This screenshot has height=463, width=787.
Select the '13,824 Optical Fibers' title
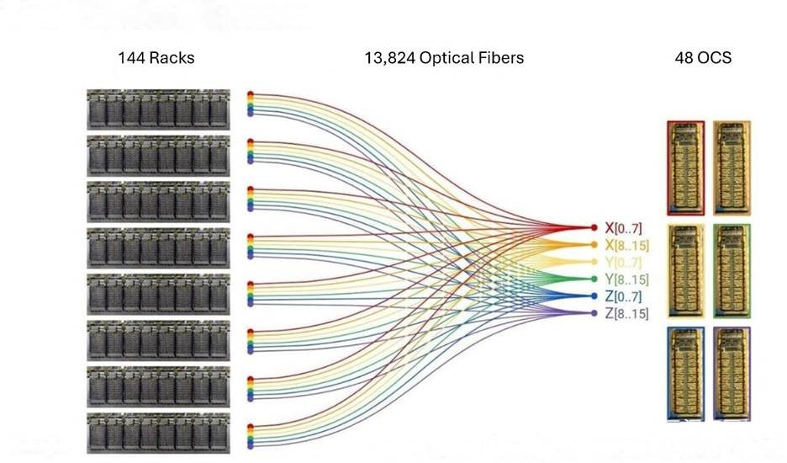pos(444,58)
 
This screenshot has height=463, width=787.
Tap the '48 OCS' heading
pos(703,58)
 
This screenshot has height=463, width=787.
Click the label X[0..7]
pos(623,227)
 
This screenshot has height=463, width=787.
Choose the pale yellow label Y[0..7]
pos(623,262)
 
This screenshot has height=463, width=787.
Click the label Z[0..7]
pos(623,296)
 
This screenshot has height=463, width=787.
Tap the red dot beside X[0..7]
pos(595,227)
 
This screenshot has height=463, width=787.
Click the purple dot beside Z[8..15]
pos(595,313)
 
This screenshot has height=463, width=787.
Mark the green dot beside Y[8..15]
pos(595,279)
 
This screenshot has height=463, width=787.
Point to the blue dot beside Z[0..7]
pos(595,296)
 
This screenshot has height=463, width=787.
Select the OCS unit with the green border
pos(732,269)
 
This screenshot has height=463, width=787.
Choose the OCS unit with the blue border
pos(685,372)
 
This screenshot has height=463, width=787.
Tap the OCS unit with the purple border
pos(732,372)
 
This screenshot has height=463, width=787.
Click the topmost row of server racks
pos(158,109)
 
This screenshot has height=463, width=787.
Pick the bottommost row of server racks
pos(158,434)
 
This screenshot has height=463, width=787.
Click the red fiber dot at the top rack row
pos(250,95)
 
